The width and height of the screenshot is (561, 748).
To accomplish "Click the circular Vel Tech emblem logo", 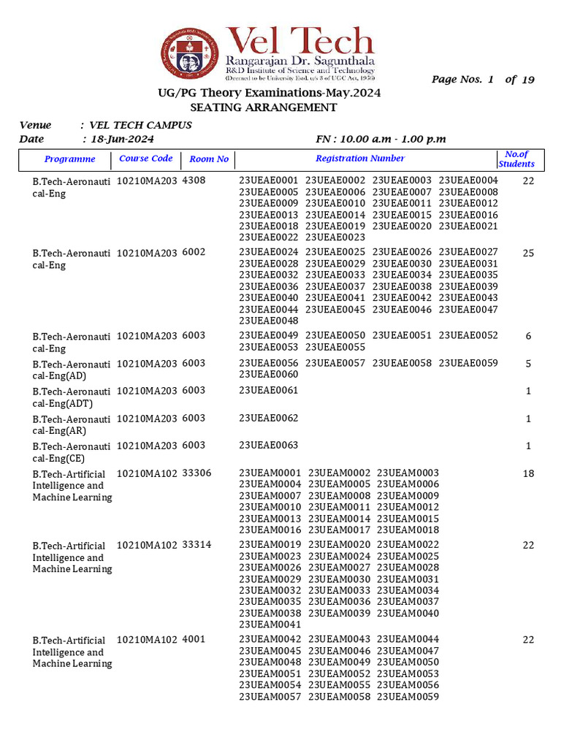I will (x=191, y=54).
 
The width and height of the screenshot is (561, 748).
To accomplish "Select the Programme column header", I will (x=70, y=159).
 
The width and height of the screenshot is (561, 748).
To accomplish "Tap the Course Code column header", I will (x=146, y=159).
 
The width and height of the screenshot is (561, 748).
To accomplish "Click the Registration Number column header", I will (x=360, y=159).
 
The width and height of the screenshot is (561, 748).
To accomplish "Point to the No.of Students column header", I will (x=516, y=159).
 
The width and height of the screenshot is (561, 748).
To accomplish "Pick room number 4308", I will (x=194, y=180).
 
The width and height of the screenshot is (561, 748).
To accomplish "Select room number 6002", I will (x=194, y=252).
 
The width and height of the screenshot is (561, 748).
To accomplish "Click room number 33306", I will (x=196, y=473).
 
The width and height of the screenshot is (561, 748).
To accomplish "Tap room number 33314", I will (x=196, y=546).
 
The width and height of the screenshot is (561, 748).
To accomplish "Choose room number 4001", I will (x=194, y=640).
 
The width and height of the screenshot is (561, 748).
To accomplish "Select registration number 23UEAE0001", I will (x=269, y=180).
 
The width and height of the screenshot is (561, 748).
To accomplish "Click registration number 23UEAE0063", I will (x=269, y=445).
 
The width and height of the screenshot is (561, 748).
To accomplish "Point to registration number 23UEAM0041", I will (x=269, y=625).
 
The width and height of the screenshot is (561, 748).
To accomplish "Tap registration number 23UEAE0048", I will (x=269, y=321).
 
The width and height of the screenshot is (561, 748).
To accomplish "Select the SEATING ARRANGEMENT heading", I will (x=264, y=107).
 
